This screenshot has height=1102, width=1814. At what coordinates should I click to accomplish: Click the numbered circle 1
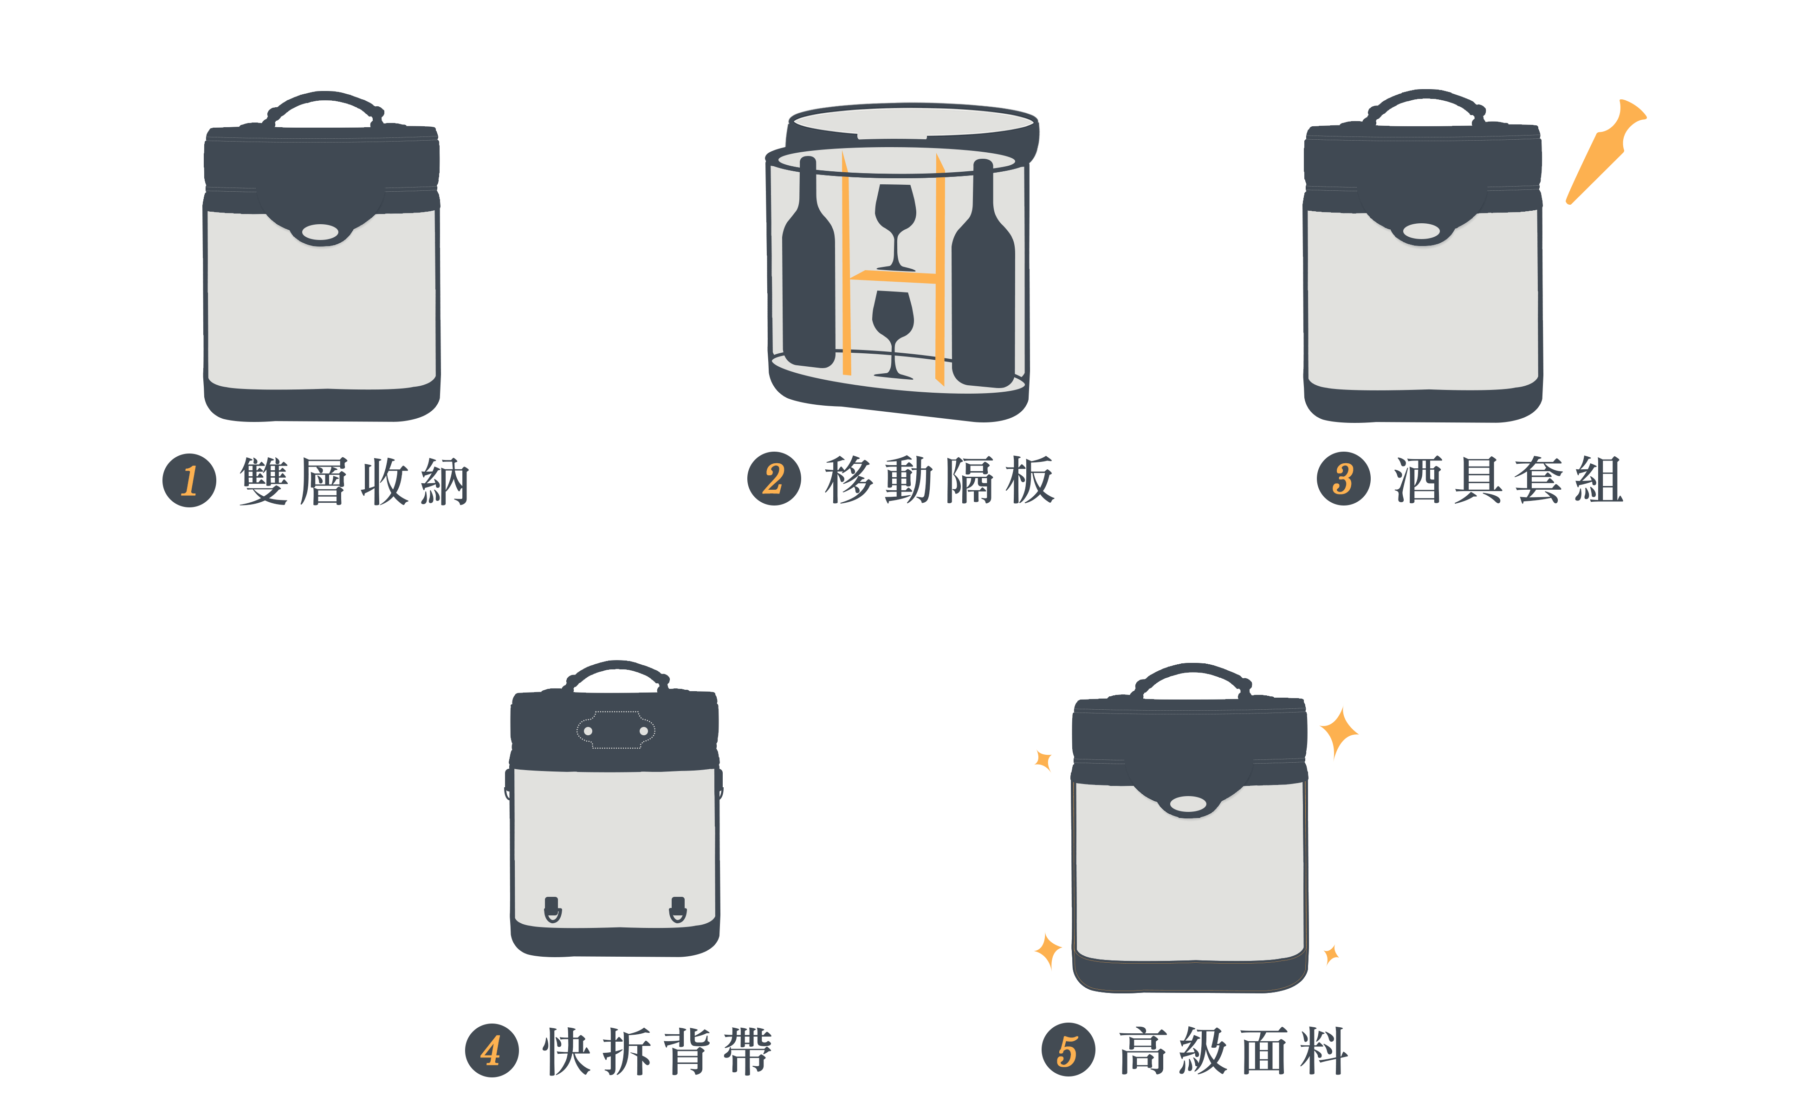pyautogui.click(x=189, y=481)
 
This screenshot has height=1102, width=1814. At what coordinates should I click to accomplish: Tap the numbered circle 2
pyautogui.click(x=774, y=479)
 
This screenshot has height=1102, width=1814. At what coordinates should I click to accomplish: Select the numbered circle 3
pyautogui.click(x=1344, y=479)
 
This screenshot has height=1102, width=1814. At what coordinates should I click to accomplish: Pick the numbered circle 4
pyautogui.click(x=492, y=1050)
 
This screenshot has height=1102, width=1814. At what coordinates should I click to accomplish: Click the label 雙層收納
pyautogui.click(x=355, y=481)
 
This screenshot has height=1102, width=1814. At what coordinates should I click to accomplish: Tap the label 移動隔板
pyautogui.click(x=939, y=479)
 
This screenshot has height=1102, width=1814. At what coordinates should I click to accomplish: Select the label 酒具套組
pyautogui.click(x=1509, y=479)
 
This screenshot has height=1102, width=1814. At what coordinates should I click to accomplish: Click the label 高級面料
pyautogui.click(x=1234, y=1050)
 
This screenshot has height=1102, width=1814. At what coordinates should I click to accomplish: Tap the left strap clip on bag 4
pyautogui.click(x=552, y=910)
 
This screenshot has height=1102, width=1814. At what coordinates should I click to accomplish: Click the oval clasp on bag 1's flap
pyautogui.click(x=320, y=232)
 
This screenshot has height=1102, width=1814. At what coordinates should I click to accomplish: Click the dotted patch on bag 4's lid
pyautogui.click(x=615, y=730)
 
